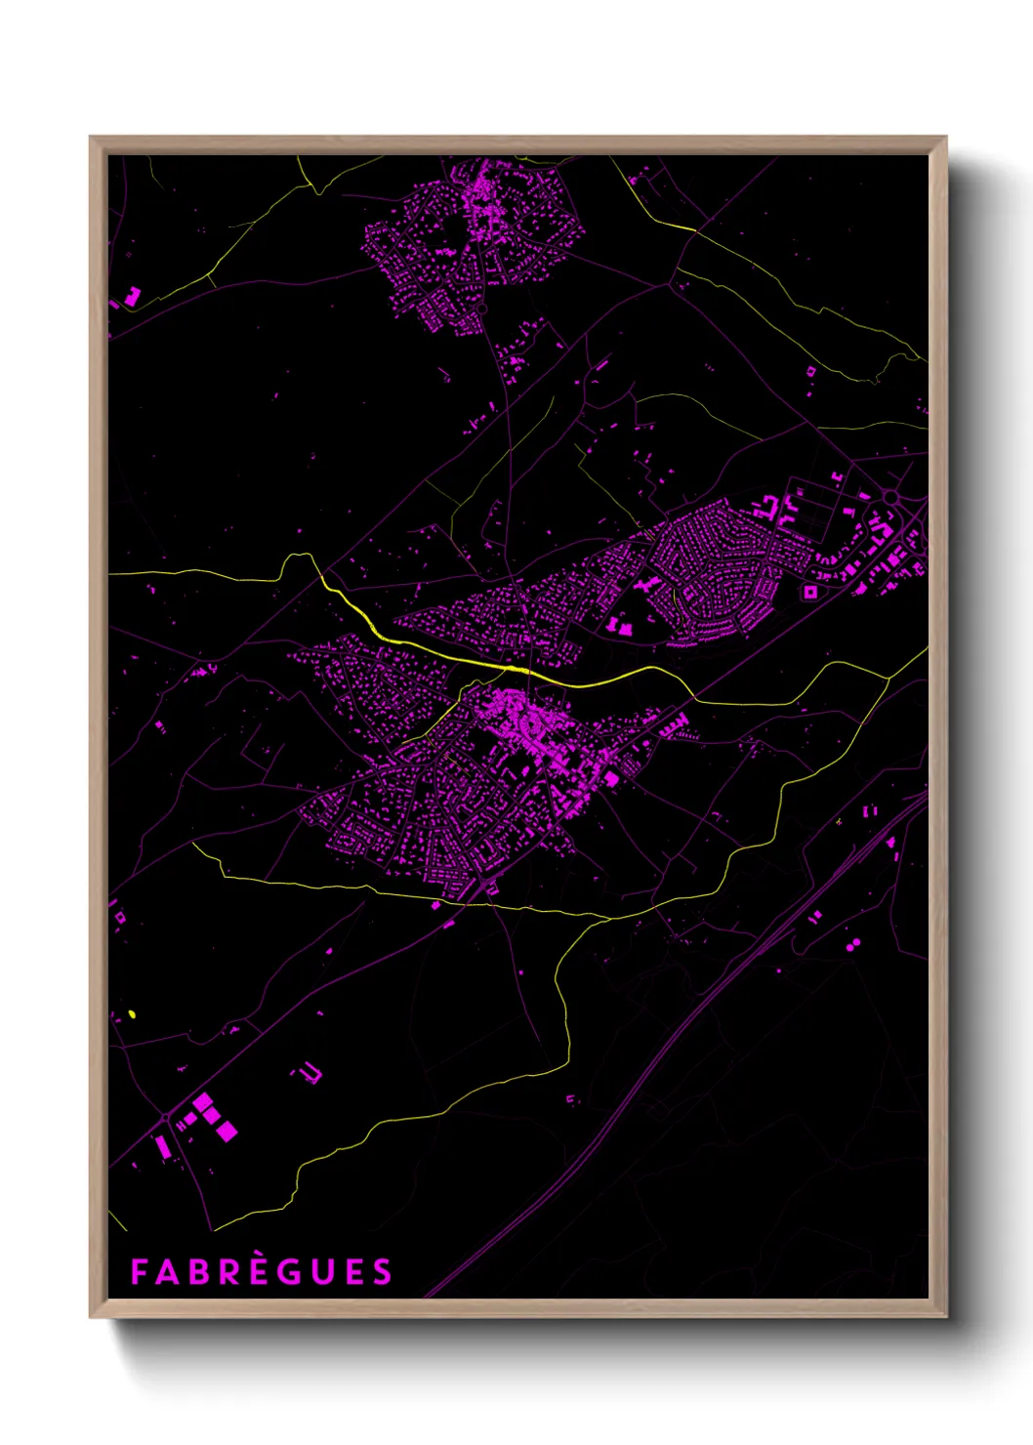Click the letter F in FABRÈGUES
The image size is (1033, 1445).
coord(139,1272)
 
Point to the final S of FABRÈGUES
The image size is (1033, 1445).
coord(382,1272)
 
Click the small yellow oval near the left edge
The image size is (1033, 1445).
coord(132,1014)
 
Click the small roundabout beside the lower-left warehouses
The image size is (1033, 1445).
coord(166,1117)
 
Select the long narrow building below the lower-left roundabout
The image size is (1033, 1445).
coord(162,1146)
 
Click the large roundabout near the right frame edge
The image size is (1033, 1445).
coord(890,498)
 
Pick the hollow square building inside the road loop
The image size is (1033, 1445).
coord(809,592)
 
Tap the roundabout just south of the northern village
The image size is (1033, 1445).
coord(481,309)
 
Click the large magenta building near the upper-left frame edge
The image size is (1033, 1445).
coord(133,295)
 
